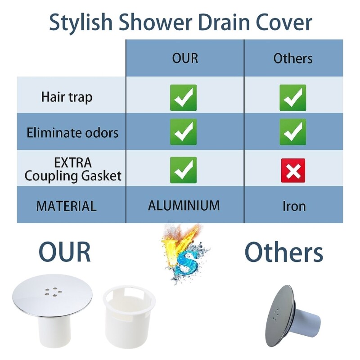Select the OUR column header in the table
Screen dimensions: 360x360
coord(185,58)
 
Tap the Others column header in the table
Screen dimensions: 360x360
coord(293,58)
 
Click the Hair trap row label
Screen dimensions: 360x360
coord(67,97)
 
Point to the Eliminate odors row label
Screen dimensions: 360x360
coord(72,133)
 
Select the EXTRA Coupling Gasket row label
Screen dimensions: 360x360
coord(73,169)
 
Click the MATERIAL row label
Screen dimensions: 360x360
coord(67,206)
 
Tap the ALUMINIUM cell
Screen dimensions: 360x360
coord(184,206)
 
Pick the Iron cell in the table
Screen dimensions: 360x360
coord(294,207)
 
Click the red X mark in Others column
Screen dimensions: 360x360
coord(293,171)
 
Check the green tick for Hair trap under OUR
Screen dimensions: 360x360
coord(183,98)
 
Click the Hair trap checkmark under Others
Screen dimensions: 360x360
coord(293,98)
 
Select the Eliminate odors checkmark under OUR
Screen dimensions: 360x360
coord(183,132)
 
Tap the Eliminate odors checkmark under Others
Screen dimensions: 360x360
coord(293,132)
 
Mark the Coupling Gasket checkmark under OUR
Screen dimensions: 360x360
coord(183,170)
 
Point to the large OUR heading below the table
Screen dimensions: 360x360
coord(65,252)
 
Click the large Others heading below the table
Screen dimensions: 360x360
coord(284,252)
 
